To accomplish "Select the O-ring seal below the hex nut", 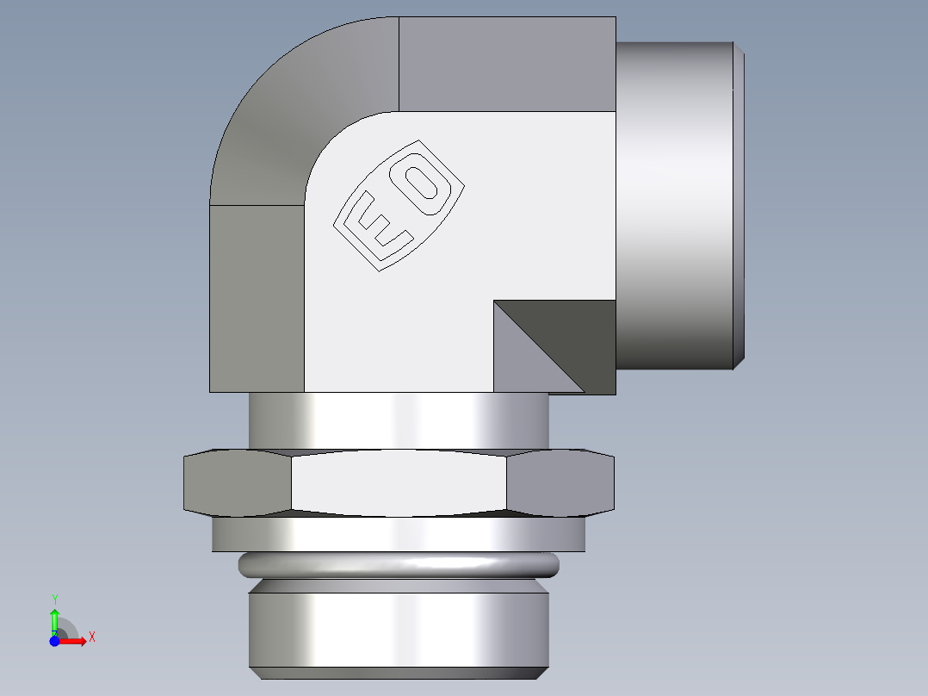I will pyautogui.click(x=399, y=565).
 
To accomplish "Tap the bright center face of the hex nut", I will pyautogui.click(x=399, y=483).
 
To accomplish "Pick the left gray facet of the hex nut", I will pyautogui.click(x=238, y=483).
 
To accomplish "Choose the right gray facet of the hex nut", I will pyautogui.click(x=560, y=483).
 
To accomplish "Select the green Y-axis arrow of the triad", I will pyautogui.click(x=54, y=618).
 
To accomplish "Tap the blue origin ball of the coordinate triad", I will pyautogui.click(x=54, y=641).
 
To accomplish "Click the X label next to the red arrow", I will pyautogui.click(x=91, y=637).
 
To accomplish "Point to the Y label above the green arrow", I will pyautogui.click(x=54, y=599).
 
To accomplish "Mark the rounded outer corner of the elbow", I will pyautogui.click(x=275, y=95).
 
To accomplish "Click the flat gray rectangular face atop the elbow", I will pyautogui.click(x=508, y=64).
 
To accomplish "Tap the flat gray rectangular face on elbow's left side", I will pyautogui.click(x=257, y=298).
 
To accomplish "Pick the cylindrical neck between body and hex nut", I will pyautogui.click(x=399, y=422).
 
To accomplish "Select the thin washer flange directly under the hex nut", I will pyautogui.click(x=399, y=534).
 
